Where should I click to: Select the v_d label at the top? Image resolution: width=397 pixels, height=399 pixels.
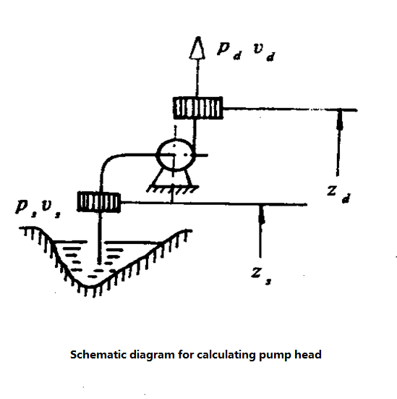tap(264, 52)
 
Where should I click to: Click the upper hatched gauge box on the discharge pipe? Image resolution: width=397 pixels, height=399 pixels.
tap(197, 108)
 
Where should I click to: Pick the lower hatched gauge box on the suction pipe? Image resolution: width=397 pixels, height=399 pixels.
tap(98, 202)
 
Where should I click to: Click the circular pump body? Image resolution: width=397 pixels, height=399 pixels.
tap(176, 155)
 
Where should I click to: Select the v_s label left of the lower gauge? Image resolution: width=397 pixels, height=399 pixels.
tap(51, 209)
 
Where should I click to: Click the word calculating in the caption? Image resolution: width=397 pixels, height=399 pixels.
tap(226, 356)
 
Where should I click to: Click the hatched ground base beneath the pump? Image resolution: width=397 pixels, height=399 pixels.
tap(173, 189)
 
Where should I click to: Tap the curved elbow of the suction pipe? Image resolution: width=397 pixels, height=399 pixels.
tap(108, 159)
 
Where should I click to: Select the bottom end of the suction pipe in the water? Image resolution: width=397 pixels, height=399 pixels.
tap(100, 263)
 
